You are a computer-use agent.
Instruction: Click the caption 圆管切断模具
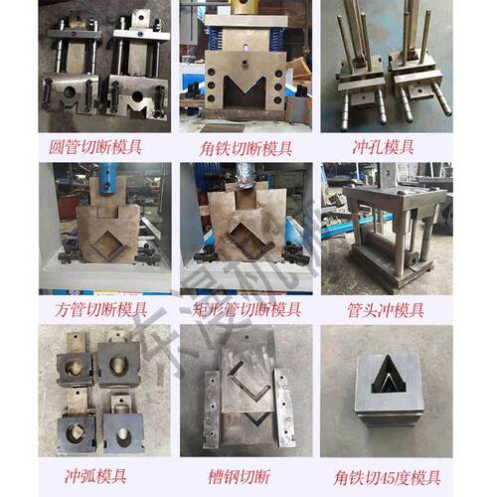(97, 145)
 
